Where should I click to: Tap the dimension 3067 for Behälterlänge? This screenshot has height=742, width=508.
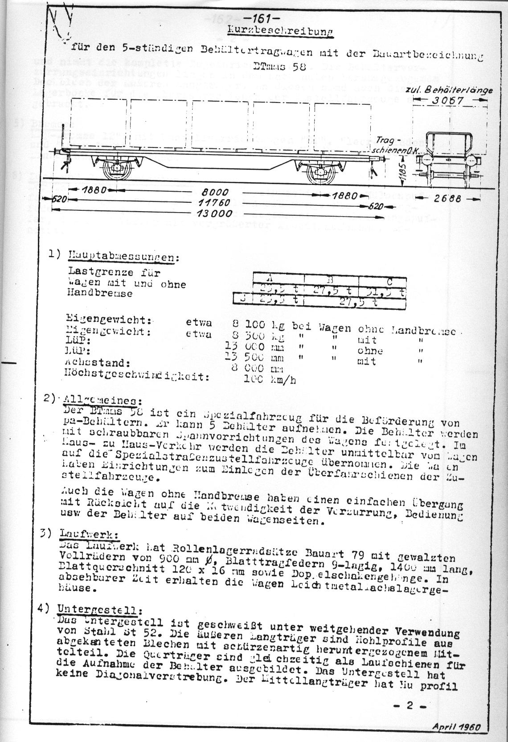pos(448,101)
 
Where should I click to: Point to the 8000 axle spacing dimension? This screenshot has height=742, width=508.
pos(216,193)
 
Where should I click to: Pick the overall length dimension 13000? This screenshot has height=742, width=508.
pos(216,214)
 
